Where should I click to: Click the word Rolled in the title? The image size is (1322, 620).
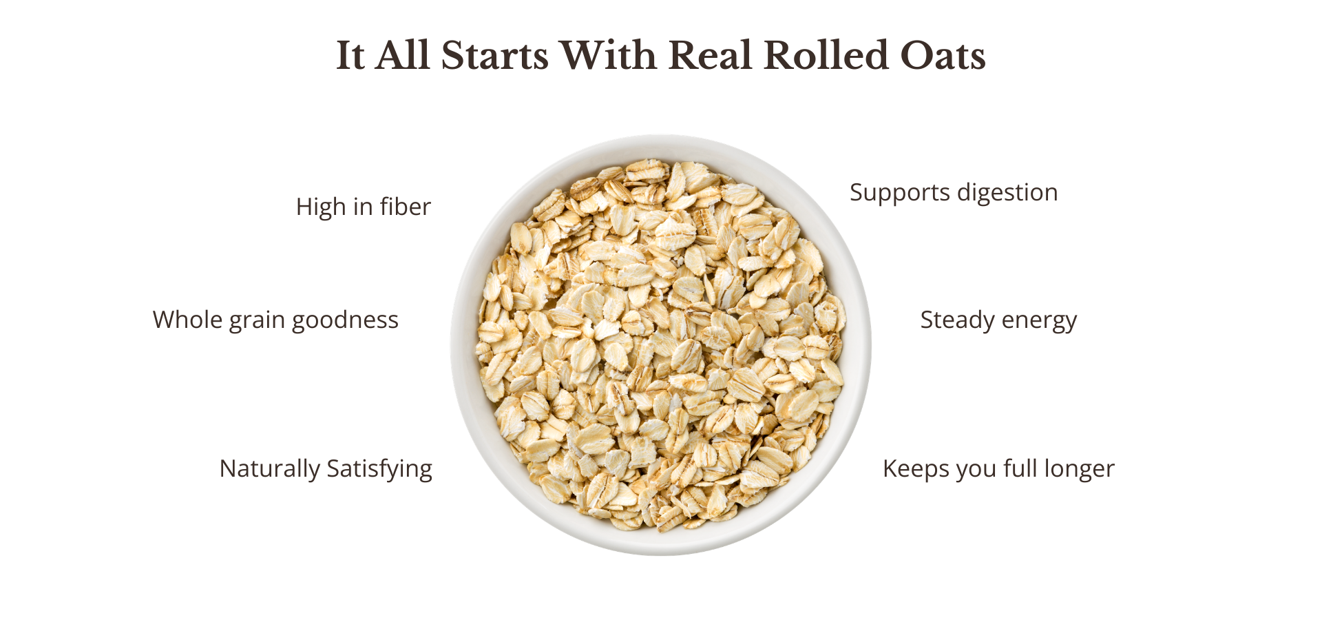tap(826, 55)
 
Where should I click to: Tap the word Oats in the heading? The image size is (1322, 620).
tap(943, 56)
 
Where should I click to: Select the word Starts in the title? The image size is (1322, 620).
tap(495, 56)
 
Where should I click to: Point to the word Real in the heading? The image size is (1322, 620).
tap(710, 55)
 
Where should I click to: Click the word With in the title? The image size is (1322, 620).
tap(609, 55)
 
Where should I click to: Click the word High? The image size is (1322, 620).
tap(322, 207)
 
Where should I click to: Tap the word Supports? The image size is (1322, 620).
tap(900, 193)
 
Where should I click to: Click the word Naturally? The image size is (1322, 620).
tap(270, 469)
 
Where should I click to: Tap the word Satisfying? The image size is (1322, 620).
tap(379, 469)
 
